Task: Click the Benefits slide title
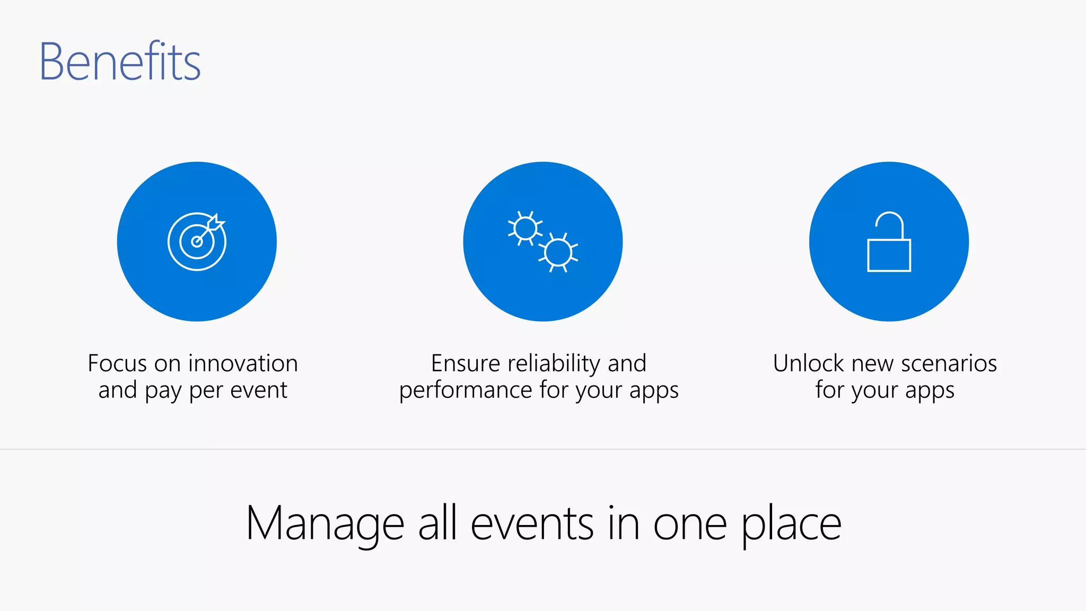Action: coord(120,62)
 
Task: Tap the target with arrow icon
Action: coord(197,241)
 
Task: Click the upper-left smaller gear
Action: coord(525,229)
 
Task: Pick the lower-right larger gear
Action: coord(558,252)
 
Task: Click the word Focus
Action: coord(117,364)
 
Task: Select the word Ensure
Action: coord(465,364)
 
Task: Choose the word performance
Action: coord(465,390)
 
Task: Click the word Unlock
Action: coord(809,364)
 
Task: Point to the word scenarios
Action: coord(949,364)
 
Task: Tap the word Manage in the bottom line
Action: coord(325,524)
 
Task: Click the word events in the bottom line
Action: coord(532,524)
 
